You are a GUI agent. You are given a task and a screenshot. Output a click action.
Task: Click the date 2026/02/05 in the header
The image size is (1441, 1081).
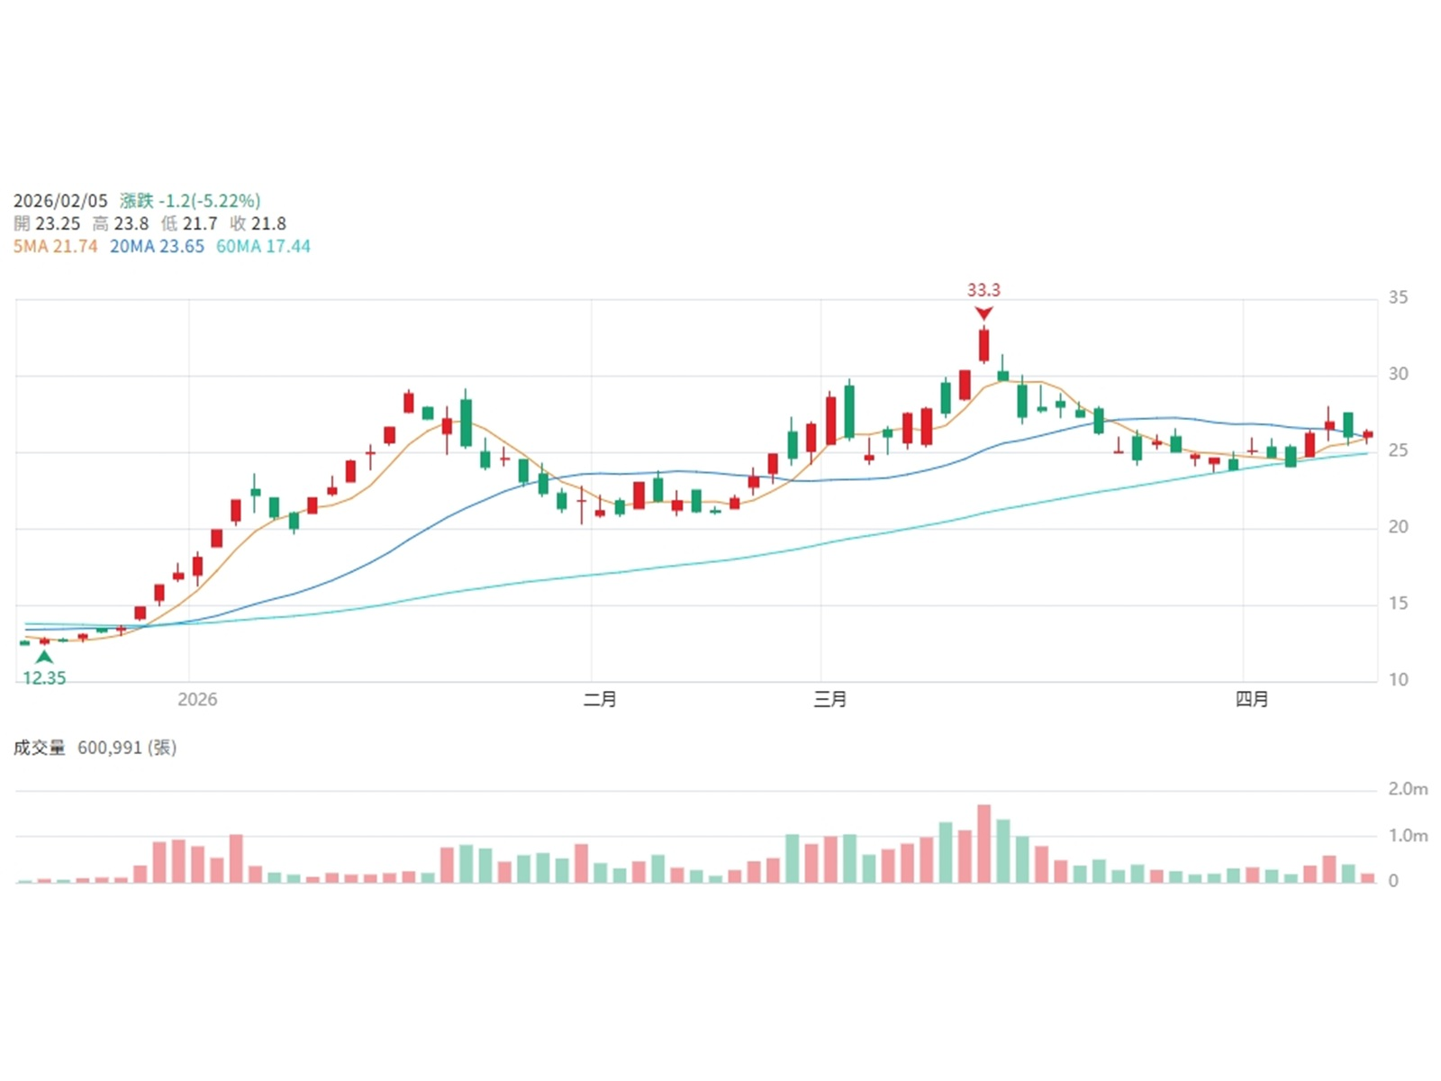60,201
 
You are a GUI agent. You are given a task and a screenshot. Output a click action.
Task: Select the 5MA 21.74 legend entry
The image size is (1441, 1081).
55,246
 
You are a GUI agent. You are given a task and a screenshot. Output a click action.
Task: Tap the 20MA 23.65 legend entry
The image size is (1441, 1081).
157,246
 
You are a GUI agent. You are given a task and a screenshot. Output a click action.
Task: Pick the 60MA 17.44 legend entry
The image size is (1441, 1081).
263,246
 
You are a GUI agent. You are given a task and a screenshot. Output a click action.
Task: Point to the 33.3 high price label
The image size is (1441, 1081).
983,290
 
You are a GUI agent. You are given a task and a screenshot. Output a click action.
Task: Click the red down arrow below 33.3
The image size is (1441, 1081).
983,313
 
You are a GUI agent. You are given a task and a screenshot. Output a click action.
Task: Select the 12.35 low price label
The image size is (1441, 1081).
44,677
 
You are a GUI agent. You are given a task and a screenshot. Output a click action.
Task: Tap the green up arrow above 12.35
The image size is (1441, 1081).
44,657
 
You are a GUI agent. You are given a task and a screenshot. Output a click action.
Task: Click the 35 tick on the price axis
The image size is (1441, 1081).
1398,297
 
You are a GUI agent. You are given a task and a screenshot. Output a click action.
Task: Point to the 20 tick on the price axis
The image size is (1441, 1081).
1398,526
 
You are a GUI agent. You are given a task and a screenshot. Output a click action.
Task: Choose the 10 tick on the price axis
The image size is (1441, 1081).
1398,679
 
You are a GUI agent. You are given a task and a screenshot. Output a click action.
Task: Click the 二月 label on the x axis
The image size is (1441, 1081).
600,699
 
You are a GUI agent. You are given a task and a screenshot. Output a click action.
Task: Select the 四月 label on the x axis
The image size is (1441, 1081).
1251,699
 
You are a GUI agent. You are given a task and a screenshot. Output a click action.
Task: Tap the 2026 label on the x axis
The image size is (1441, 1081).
197,699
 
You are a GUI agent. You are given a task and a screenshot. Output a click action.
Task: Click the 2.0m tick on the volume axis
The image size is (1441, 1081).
1408,789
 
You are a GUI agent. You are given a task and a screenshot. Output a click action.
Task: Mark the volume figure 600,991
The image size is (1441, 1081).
110,748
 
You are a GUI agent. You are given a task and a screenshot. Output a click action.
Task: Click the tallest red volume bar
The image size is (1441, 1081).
983,843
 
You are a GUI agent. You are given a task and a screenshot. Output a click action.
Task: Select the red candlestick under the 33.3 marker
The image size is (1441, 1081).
983,345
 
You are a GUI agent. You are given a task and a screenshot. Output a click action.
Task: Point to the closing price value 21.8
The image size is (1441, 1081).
269,223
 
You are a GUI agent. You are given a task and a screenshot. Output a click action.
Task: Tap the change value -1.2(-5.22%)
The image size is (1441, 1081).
209,201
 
